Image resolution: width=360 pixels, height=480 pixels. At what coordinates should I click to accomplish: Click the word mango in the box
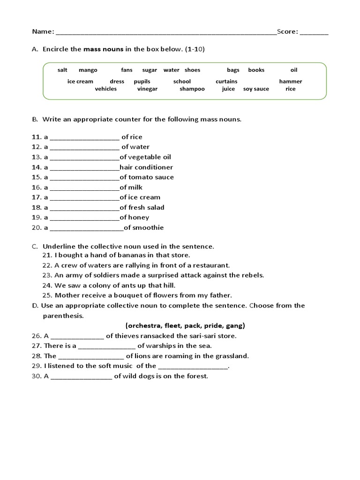[88, 70]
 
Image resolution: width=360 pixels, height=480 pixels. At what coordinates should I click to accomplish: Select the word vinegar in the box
[147, 89]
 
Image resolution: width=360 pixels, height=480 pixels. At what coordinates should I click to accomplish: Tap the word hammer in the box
[291, 82]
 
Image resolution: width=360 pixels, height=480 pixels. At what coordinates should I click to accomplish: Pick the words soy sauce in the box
[256, 89]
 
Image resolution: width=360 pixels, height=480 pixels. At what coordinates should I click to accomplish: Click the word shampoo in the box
[192, 89]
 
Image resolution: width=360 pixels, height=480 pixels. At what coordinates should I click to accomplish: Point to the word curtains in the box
[226, 82]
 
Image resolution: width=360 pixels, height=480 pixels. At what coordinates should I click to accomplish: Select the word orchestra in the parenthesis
[142, 325]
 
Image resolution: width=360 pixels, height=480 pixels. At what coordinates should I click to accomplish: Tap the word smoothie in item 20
[148, 228]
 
